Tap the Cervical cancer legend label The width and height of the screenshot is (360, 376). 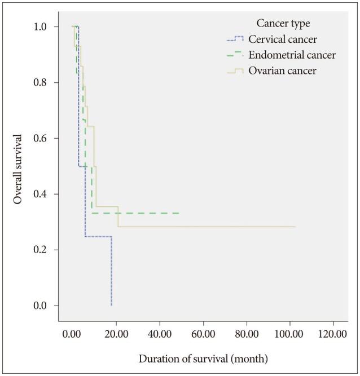(x=283, y=39)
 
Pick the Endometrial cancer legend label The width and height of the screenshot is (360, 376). (x=292, y=55)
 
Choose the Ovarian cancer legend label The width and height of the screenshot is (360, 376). (x=283, y=71)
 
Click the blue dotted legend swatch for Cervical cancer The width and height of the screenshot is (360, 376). (x=234, y=39)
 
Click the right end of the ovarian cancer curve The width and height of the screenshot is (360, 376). (x=295, y=227)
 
